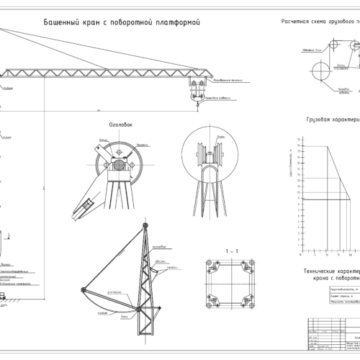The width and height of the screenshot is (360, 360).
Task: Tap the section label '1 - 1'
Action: pos(232,250)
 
